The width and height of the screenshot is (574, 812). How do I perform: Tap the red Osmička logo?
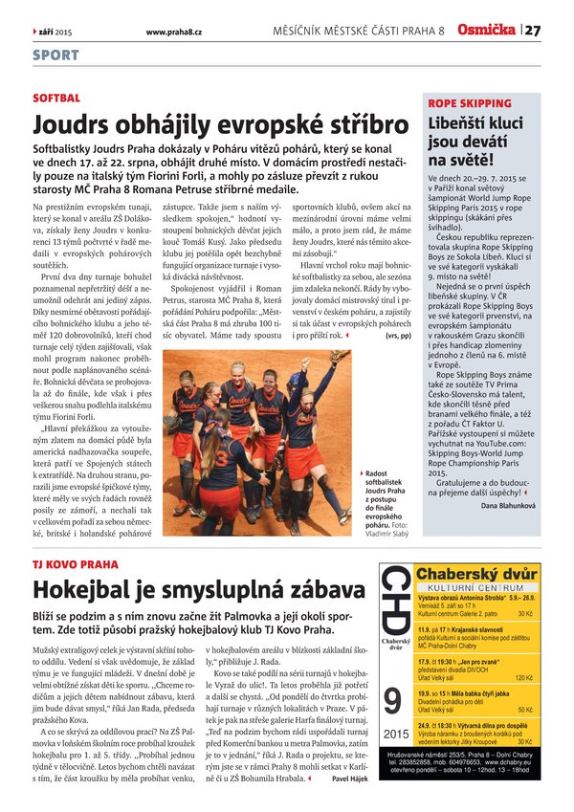click(486, 31)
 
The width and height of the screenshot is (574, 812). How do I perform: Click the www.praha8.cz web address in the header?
click(173, 32)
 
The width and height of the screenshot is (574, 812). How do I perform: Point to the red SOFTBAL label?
click(56, 99)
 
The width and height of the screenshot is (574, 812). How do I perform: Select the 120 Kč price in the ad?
click(523, 677)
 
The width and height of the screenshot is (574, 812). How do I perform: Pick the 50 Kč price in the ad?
click(526, 711)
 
